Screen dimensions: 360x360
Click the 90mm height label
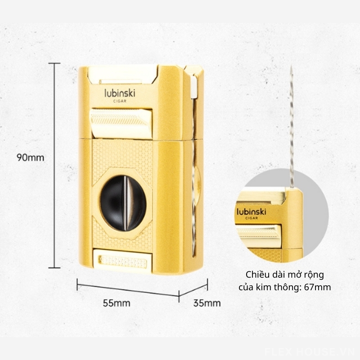(30, 158)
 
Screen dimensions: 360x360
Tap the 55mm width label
(117, 303)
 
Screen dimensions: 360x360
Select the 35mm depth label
(207, 303)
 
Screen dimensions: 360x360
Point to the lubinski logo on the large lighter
(120, 93)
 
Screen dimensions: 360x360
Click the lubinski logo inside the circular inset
(252, 211)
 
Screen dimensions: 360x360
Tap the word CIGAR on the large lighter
(120, 101)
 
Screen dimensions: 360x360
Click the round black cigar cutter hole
(123, 203)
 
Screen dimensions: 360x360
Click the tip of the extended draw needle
(291, 66)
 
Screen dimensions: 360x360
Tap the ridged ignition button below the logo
(121, 123)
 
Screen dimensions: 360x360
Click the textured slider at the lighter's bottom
(123, 261)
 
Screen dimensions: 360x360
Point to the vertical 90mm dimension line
(54, 165)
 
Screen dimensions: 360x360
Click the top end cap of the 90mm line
(54, 63)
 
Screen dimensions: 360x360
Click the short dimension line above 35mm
(193, 290)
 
